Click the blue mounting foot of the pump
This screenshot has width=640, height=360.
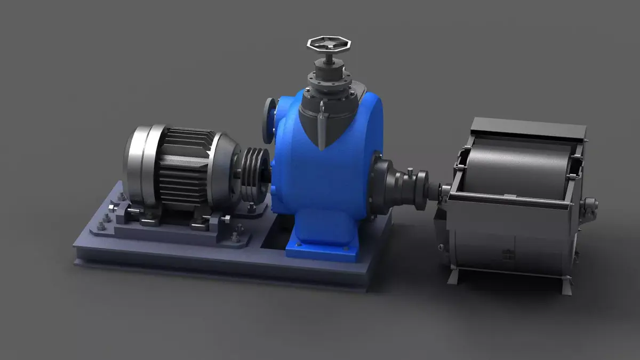[x=320, y=249]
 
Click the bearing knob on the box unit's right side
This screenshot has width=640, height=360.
[x=589, y=204]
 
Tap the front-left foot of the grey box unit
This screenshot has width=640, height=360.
[x=454, y=277]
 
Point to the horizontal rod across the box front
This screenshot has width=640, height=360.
[x=512, y=199]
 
